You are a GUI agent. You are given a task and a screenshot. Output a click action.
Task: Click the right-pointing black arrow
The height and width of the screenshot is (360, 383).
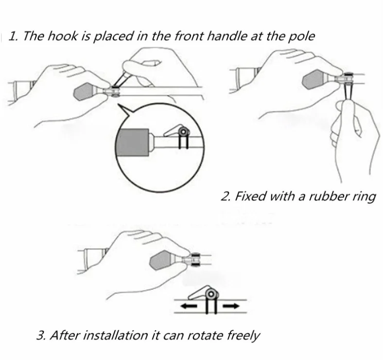(231, 306)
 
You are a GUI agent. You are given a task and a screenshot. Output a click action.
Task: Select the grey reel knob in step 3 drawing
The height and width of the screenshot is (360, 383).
(165, 260)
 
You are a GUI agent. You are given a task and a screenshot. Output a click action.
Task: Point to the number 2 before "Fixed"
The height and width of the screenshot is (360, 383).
(225, 197)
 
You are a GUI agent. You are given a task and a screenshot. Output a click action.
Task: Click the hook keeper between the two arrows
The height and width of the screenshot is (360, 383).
(207, 296)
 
